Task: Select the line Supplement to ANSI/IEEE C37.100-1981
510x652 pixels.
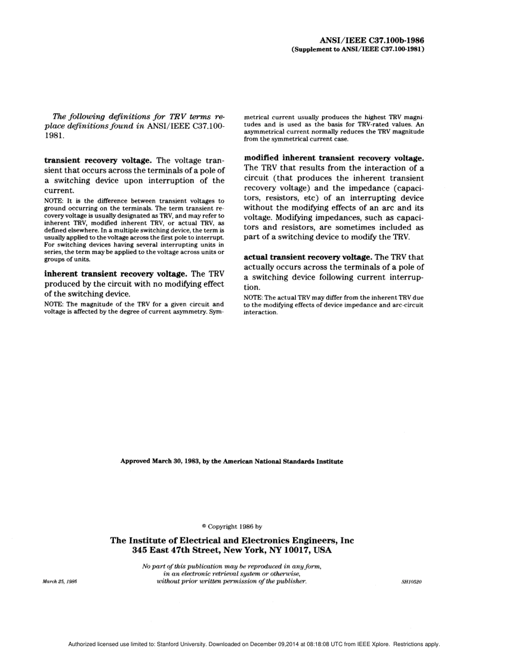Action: pyautogui.click(x=358, y=49)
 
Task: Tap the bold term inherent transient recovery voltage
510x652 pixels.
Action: pyautogui.click(x=115, y=274)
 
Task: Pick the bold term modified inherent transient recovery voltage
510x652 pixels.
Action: pyautogui.click(x=334, y=158)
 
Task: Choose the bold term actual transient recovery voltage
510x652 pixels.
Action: pyautogui.click(x=308, y=257)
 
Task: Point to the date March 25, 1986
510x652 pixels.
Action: pyautogui.click(x=60, y=582)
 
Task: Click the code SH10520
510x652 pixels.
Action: pyautogui.click(x=411, y=582)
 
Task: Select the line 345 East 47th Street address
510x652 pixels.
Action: pyautogui.click(x=232, y=550)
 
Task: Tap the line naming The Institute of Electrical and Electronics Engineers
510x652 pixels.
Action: pyautogui.click(x=232, y=540)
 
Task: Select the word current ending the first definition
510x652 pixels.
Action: pyautogui.click(x=59, y=191)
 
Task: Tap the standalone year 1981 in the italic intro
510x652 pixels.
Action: pyautogui.click(x=54, y=136)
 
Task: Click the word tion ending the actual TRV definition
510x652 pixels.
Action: pyautogui.click(x=252, y=287)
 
